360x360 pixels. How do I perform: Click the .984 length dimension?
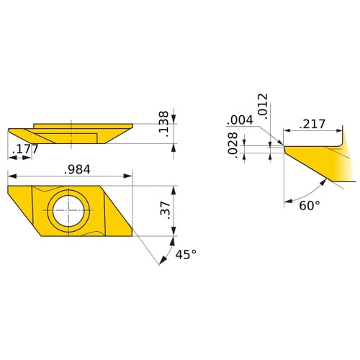[x=77, y=169]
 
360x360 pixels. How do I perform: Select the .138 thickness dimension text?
[x=163, y=124]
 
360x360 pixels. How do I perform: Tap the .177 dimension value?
[x=25, y=149]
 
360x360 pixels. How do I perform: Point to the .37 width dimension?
[x=165, y=210]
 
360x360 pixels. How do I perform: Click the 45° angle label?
[x=186, y=254]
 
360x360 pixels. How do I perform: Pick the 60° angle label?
[x=310, y=205]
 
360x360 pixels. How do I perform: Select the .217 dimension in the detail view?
[x=312, y=124]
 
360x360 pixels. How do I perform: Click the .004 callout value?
[x=240, y=120]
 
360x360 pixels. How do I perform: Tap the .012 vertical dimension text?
[x=262, y=106]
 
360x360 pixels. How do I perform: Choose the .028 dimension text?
[x=233, y=145]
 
